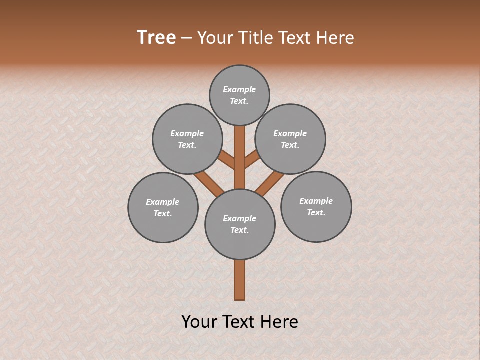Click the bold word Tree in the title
156,37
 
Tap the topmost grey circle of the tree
239,95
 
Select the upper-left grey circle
187,139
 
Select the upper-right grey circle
290,139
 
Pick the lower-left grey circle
163,207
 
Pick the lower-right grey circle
316,206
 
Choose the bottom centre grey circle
240,224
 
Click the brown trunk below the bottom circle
240,280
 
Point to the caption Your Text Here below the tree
240,322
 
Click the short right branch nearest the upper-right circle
252,160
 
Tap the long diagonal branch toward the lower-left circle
209,183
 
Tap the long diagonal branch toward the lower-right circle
270,183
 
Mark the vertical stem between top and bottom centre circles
240,157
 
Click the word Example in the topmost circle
239,89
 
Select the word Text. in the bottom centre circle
239,230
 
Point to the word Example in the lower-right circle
316,201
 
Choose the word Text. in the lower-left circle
163,214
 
